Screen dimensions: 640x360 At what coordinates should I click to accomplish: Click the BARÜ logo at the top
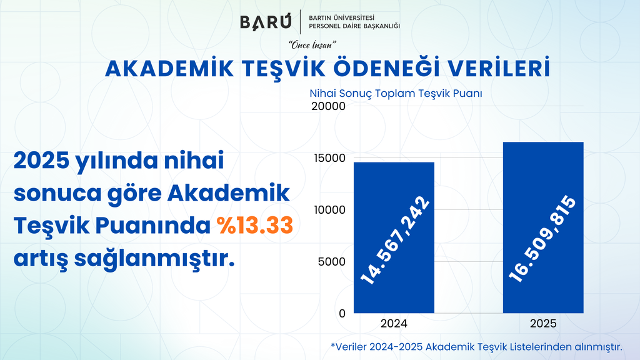point(266,22)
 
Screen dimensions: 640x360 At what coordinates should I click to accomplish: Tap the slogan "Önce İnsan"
point(312,45)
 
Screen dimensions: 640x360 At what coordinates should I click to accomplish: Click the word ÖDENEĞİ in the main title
point(386,68)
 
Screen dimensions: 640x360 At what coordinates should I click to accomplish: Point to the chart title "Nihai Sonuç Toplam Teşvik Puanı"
point(396,94)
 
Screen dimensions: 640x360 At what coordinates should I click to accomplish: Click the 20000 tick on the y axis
point(328,106)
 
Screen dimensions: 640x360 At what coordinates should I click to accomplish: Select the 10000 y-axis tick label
point(329,210)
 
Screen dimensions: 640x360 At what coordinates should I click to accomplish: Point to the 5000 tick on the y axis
point(331,262)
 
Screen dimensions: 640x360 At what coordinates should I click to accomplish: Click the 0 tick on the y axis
point(342,314)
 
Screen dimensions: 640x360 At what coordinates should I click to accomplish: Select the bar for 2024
point(394,237)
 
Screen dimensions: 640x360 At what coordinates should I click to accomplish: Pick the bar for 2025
point(543,227)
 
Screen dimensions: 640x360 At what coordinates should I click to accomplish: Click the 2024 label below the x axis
point(394,324)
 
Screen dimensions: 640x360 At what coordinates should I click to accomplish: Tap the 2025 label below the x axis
point(543,324)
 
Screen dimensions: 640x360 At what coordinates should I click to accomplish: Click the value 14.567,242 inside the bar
point(395,241)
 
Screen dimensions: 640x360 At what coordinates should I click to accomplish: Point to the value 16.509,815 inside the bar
point(542,239)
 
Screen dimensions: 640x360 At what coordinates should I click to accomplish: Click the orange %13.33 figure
point(255,225)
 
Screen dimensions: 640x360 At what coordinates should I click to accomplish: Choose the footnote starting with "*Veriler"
point(476,347)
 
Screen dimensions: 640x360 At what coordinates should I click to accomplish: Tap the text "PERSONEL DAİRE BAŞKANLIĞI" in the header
point(354,26)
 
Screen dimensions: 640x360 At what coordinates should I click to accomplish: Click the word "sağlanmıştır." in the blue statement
point(154,259)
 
